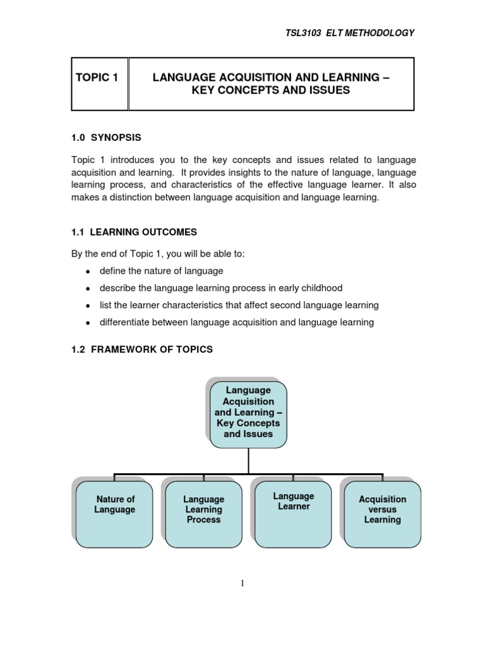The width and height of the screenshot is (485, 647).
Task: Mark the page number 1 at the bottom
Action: point(242,583)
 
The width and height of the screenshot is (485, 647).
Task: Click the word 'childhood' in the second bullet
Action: point(320,288)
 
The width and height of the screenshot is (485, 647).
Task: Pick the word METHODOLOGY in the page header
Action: point(383,33)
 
